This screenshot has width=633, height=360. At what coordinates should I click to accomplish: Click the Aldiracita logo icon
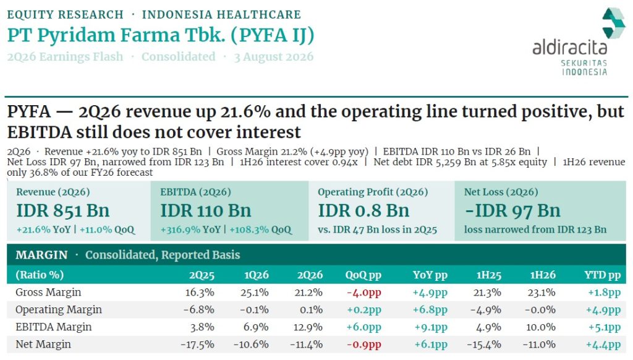click(613, 23)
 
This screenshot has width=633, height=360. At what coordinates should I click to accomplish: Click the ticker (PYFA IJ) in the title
click(273, 35)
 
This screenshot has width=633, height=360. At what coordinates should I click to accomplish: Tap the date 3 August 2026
click(274, 56)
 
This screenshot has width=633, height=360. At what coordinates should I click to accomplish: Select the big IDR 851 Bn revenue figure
click(63, 210)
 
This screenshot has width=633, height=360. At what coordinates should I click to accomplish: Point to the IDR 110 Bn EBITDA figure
click(206, 210)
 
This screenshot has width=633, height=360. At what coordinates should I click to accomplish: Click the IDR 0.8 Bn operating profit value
click(363, 210)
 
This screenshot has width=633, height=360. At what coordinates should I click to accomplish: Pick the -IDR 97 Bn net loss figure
click(512, 210)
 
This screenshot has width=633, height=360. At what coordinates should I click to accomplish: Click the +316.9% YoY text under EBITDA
click(190, 229)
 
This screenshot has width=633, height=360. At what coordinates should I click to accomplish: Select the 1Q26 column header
click(257, 275)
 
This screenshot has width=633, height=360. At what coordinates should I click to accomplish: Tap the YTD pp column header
click(602, 275)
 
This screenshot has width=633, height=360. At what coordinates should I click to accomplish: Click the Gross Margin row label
click(48, 292)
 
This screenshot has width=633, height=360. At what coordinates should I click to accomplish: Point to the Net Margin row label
click(43, 345)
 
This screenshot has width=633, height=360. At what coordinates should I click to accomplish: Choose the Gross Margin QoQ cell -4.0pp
click(363, 293)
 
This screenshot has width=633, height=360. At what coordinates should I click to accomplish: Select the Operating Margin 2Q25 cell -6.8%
click(198, 310)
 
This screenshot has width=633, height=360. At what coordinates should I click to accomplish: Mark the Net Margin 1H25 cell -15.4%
click(484, 345)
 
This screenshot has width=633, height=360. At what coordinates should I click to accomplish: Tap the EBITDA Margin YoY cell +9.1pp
click(431, 327)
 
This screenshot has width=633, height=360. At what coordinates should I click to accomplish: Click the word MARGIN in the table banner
click(41, 255)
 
